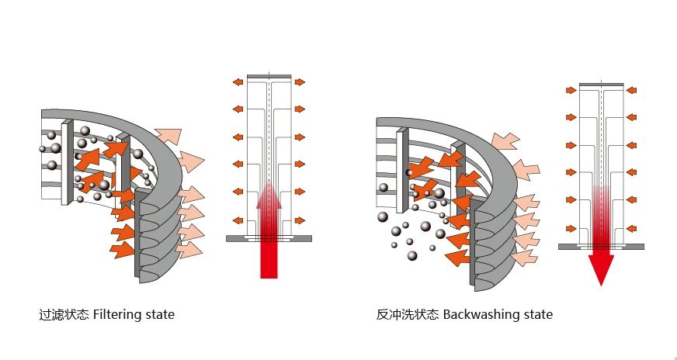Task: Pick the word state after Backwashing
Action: [532, 315]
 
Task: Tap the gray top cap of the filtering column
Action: [269, 76]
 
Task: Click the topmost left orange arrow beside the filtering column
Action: [237, 81]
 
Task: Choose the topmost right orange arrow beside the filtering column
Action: [300, 81]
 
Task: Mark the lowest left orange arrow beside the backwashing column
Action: [571, 228]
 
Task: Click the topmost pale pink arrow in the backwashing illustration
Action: [505, 140]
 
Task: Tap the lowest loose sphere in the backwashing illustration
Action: [411, 255]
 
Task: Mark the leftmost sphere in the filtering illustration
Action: [42, 148]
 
